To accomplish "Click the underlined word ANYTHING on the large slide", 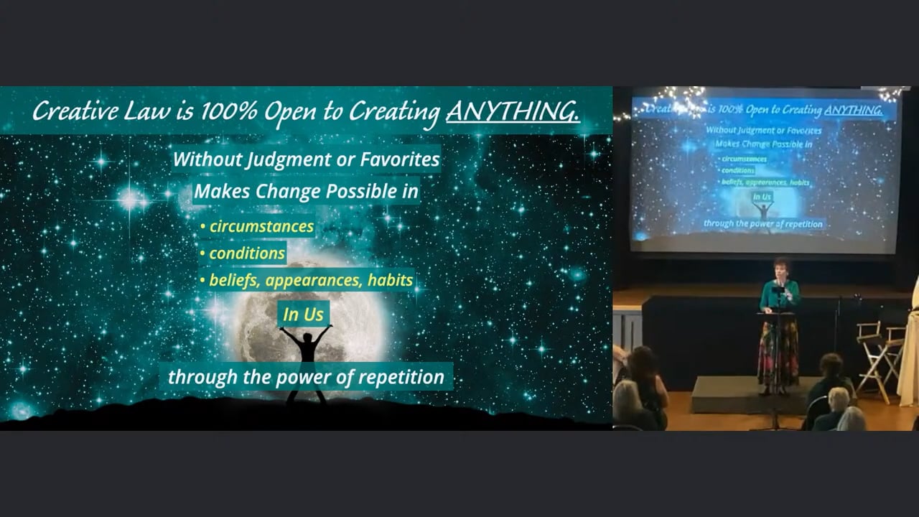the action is pos(513,111).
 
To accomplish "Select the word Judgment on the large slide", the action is pos(289,159).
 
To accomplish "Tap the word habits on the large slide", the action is pos(390,280).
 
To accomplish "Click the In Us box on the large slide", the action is pos(303,315).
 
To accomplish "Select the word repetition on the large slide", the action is pos(401,378).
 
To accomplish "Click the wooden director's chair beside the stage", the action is pos(878,361).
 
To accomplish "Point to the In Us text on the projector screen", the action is pos(762,197).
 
